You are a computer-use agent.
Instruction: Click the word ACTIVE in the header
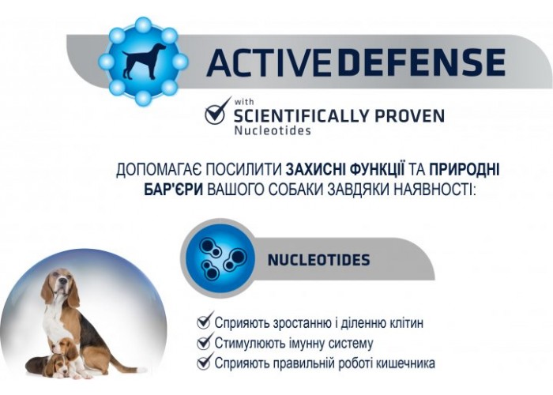269,62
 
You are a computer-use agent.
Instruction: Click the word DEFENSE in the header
419,62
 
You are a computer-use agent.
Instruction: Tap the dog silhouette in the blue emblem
144,61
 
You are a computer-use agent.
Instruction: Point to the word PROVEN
409,115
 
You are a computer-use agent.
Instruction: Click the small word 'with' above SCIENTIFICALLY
244,102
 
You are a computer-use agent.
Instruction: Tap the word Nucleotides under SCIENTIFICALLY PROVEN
273,130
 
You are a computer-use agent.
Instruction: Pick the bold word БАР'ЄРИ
174,190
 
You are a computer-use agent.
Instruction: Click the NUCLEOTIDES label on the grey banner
319,260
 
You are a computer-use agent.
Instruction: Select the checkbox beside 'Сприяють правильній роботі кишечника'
205,361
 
